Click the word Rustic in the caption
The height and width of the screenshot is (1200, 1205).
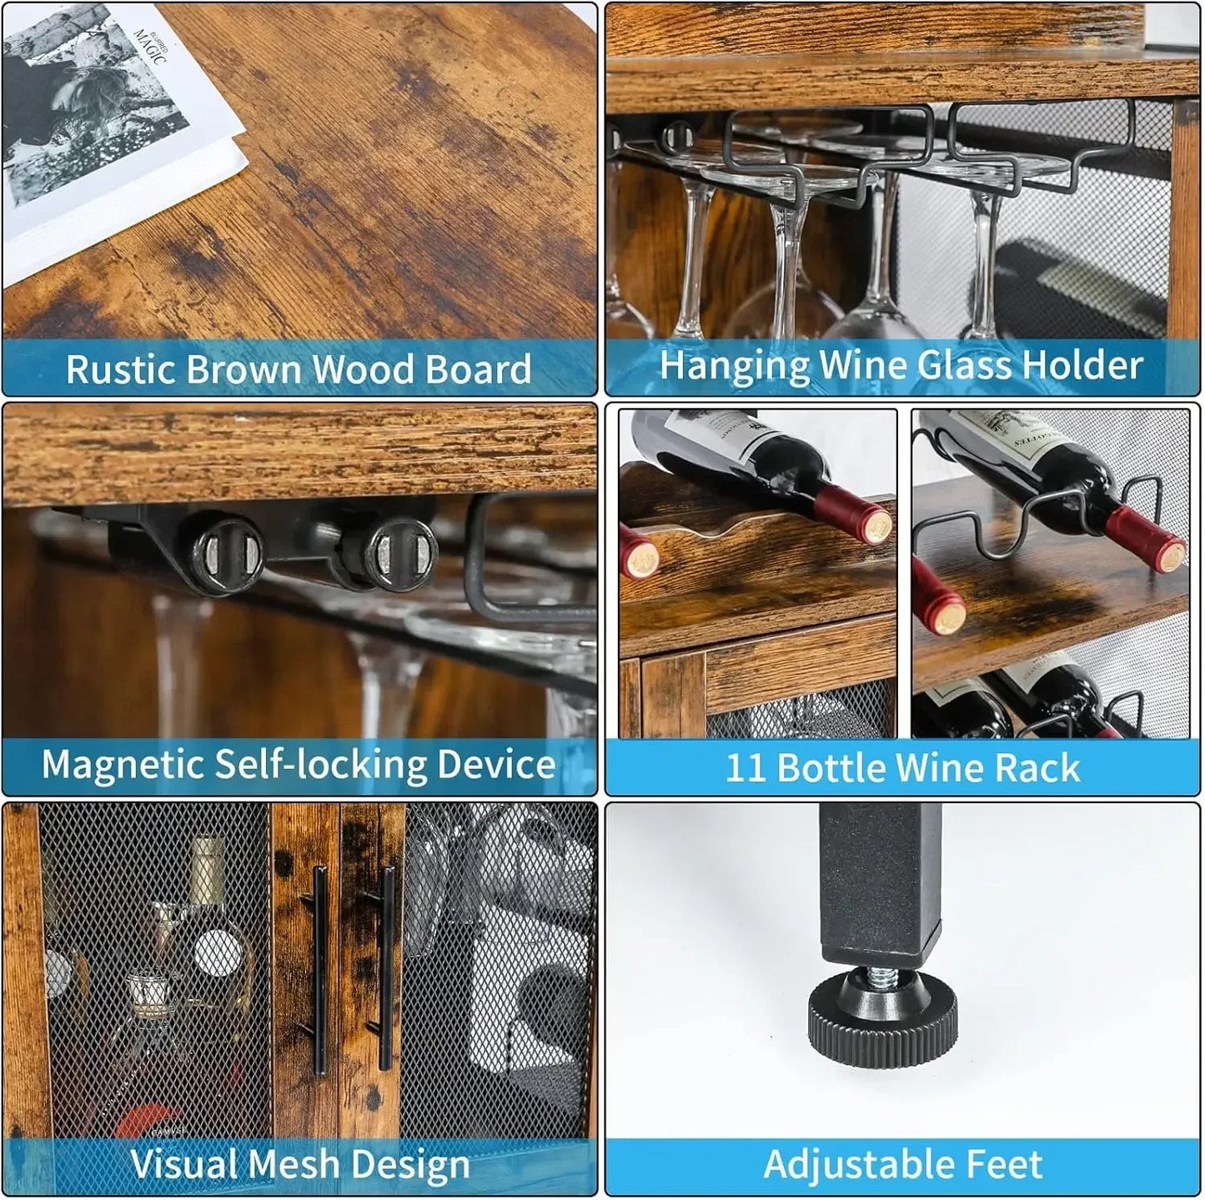pyautogui.click(x=120, y=369)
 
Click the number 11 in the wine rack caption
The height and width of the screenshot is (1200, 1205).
pyautogui.click(x=745, y=768)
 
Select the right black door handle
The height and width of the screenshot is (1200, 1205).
pyautogui.click(x=385, y=967)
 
